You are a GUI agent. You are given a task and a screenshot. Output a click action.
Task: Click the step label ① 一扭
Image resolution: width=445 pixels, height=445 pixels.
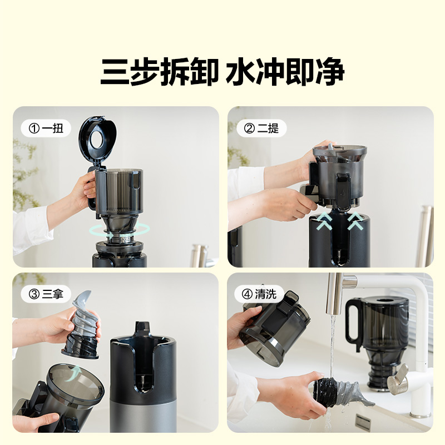click(46, 129)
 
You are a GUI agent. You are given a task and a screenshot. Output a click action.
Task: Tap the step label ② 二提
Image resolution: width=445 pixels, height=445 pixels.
click(261, 129)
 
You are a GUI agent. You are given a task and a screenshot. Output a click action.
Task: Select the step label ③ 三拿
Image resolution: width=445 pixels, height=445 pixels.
click(46, 294)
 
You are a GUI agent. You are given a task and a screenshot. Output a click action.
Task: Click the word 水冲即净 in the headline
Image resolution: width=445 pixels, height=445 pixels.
click(285, 72)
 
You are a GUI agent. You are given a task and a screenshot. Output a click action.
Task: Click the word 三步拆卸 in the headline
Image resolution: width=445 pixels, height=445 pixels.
click(160, 72)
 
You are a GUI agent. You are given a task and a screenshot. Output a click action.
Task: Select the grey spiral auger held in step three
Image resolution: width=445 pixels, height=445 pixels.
click(82, 325)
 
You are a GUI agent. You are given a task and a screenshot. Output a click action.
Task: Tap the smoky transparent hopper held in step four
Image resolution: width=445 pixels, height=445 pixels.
click(276, 328)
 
